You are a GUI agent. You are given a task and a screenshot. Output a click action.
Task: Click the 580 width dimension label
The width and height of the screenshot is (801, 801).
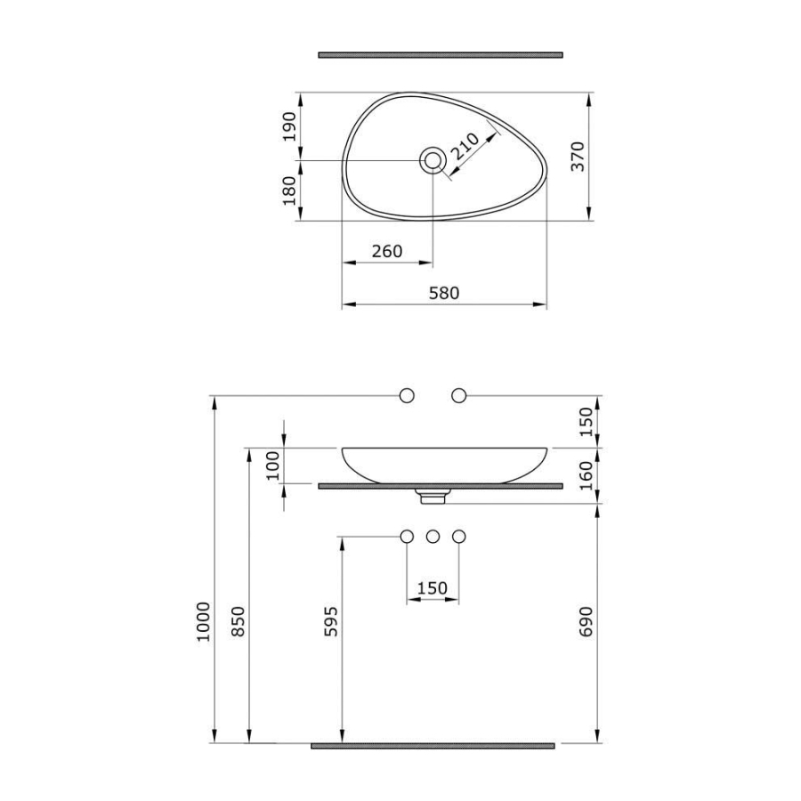[x=444, y=293]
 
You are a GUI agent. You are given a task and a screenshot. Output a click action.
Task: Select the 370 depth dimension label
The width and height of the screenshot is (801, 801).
[x=578, y=157]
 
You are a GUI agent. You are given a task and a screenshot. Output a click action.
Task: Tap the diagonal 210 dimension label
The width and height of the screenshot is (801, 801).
[x=465, y=147]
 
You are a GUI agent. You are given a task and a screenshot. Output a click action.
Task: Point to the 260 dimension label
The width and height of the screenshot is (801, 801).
[x=387, y=251]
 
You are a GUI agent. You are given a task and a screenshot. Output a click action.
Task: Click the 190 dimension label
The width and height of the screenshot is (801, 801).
[x=289, y=126]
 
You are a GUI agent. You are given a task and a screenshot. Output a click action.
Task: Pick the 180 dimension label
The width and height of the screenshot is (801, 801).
[x=289, y=190]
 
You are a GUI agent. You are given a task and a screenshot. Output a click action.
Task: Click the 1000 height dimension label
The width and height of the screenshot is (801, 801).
[x=203, y=622]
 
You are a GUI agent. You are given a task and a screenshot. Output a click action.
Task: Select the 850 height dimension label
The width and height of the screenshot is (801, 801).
[x=239, y=621]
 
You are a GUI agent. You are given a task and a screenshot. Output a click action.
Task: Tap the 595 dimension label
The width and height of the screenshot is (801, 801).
[x=332, y=621]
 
